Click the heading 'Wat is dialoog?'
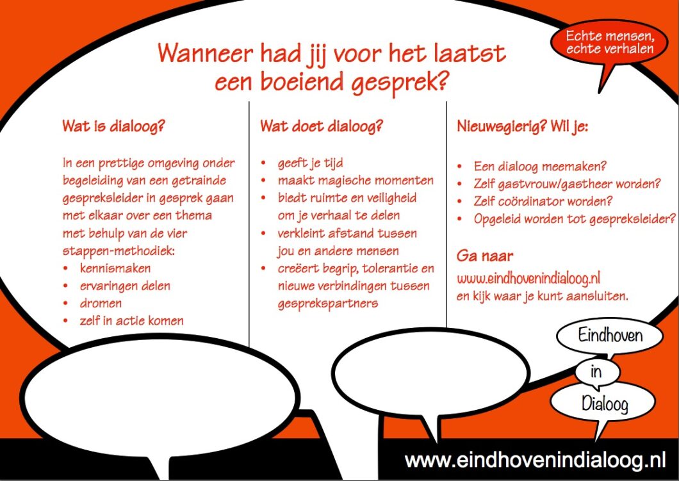[x=114, y=126]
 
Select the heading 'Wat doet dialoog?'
[x=322, y=126]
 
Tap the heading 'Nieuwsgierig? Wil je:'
[x=523, y=127]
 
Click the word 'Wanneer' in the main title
[x=206, y=53]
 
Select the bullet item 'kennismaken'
[x=115, y=268]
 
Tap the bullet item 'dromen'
[x=101, y=303]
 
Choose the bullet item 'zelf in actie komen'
[x=132, y=320]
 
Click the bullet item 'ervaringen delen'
[x=125, y=286]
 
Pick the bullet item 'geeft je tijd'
[x=311, y=164]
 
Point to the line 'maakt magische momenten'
[x=356, y=181]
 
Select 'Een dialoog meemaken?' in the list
[x=540, y=167]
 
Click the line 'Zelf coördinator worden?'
[x=543, y=201]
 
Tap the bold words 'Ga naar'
[x=485, y=256]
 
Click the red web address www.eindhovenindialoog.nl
[x=528, y=279]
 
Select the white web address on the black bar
[x=535, y=461]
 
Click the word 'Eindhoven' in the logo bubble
[x=610, y=336]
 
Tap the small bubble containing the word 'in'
[x=597, y=372]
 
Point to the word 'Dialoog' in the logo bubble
[x=605, y=404]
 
